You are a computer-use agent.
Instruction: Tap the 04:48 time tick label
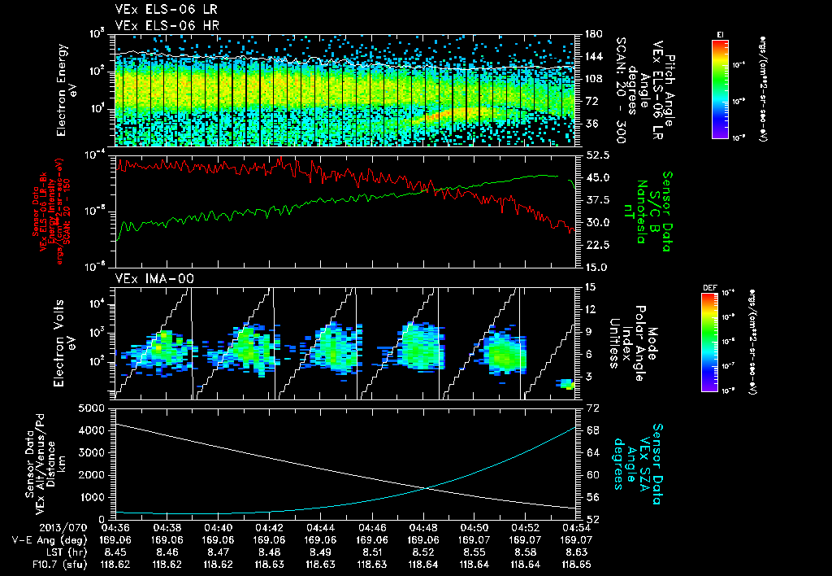pyautogui.click(x=423, y=526)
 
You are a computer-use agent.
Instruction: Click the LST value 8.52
pyautogui.click(x=423, y=550)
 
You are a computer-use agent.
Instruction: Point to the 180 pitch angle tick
pyautogui.click(x=592, y=34)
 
